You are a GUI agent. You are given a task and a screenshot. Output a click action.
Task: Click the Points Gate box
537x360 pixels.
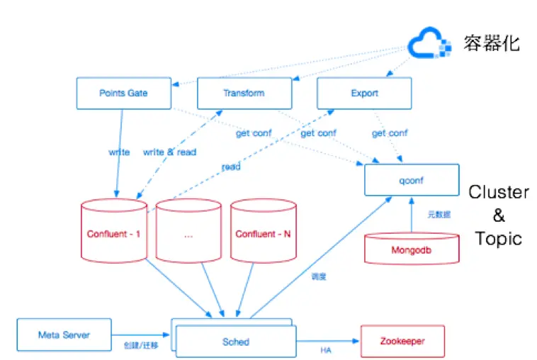click(x=123, y=93)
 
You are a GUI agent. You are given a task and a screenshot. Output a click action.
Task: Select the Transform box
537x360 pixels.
click(x=244, y=93)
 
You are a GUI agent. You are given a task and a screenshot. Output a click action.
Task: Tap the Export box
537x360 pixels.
click(x=364, y=93)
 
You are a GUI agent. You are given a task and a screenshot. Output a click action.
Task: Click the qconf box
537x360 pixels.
click(x=405, y=180)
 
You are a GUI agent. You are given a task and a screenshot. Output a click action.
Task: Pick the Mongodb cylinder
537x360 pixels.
click(x=411, y=249)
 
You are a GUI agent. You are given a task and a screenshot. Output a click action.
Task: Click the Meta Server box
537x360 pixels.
click(x=64, y=334)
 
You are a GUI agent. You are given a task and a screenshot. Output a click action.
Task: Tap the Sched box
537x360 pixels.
click(x=235, y=342)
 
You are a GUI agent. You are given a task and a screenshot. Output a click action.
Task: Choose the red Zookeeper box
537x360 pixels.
click(x=402, y=341)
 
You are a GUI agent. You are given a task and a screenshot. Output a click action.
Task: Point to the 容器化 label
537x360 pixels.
click(x=492, y=43)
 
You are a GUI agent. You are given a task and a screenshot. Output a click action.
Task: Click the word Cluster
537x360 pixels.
click(x=498, y=192)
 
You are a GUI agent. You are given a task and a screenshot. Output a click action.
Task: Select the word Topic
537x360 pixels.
click(x=498, y=238)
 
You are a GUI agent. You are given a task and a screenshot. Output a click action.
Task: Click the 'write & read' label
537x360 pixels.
click(x=169, y=152)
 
